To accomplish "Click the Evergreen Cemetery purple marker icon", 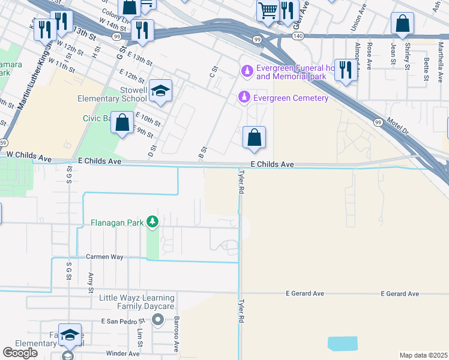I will click(244, 97).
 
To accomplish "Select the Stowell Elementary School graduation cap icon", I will click(160, 91).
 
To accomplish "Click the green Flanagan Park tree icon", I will click(152, 223).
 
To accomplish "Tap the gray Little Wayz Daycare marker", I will click(158, 319).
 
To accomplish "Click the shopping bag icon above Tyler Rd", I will click(255, 137).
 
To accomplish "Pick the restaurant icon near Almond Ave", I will click(345, 70).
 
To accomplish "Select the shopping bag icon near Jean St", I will click(402, 24).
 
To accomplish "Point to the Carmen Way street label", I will click(104, 257).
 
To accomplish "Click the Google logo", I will click(20, 353).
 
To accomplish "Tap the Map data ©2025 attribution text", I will click(423, 355).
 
